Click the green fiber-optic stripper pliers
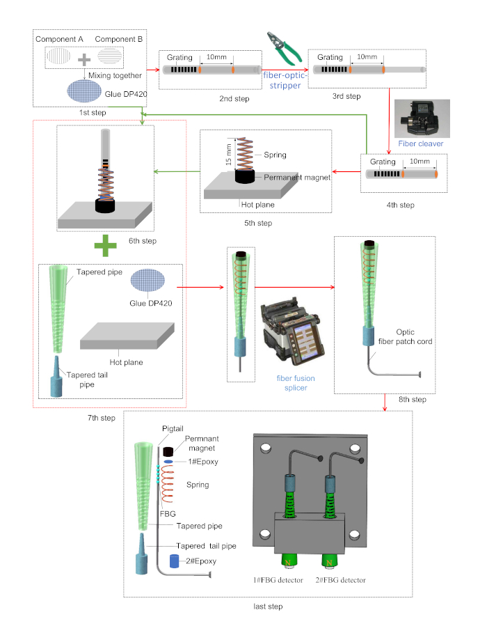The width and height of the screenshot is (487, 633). click(284, 49)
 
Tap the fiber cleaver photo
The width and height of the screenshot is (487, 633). click(422, 118)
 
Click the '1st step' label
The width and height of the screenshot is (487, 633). click(93, 113)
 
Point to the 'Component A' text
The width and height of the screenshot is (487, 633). click(59, 39)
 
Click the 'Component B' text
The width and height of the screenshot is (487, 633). click(119, 39)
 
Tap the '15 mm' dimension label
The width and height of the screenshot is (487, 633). click(229, 154)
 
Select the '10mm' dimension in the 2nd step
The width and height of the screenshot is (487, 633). click(216, 57)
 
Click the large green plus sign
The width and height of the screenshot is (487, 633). click(105, 245)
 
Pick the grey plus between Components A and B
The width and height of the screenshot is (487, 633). click(84, 60)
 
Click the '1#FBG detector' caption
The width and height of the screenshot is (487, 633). click(278, 580)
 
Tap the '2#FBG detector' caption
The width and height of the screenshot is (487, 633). click(340, 580)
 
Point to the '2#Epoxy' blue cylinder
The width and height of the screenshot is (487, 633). click(175, 561)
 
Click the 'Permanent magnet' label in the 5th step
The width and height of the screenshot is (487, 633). click(297, 177)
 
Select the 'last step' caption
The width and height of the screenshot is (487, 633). click(268, 607)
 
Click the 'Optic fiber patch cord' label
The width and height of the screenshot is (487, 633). click(405, 336)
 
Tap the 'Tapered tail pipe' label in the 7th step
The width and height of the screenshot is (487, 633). click(87, 380)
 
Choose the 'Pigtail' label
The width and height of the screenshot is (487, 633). click(173, 429)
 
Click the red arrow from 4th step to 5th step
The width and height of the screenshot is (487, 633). click(346, 171)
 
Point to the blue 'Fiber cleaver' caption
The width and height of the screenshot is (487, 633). click(420, 143)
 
